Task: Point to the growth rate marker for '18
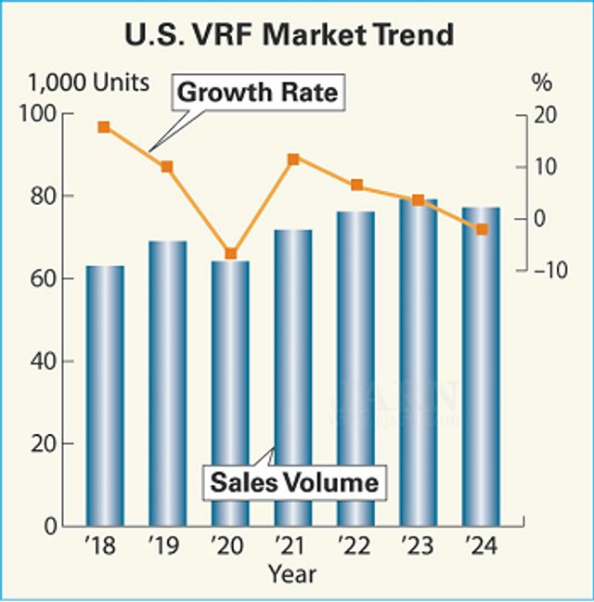tap(104, 127)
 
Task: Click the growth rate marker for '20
tap(230, 254)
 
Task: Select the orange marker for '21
tap(293, 160)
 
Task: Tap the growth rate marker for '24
tap(482, 229)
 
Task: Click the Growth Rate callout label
tap(257, 94)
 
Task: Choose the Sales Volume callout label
tap(293, 482)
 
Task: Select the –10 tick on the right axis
tap(547, 270)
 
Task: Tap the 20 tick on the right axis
tap(543, 115)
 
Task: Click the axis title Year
tap(292, 574)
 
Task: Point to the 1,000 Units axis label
tap(89, 83)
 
